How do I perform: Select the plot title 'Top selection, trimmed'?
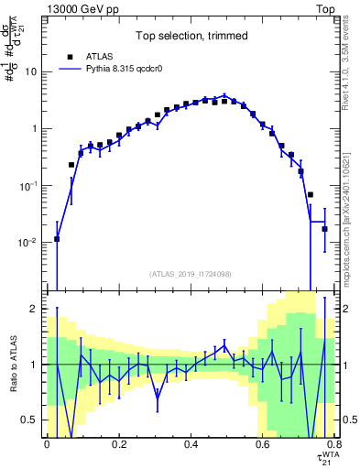click(x=191, y=37)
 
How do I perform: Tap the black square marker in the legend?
click(x=70, y=55)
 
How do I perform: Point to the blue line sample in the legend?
click(x=70, y=68)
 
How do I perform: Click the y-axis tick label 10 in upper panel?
click(x=30, y=71)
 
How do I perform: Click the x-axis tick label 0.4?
click(x=191, y=444)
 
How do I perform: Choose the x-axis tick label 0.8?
click(x=334, y=444)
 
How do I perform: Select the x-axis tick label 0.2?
click(x=118, y=444)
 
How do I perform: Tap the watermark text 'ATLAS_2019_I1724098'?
click(x=191, y=274)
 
